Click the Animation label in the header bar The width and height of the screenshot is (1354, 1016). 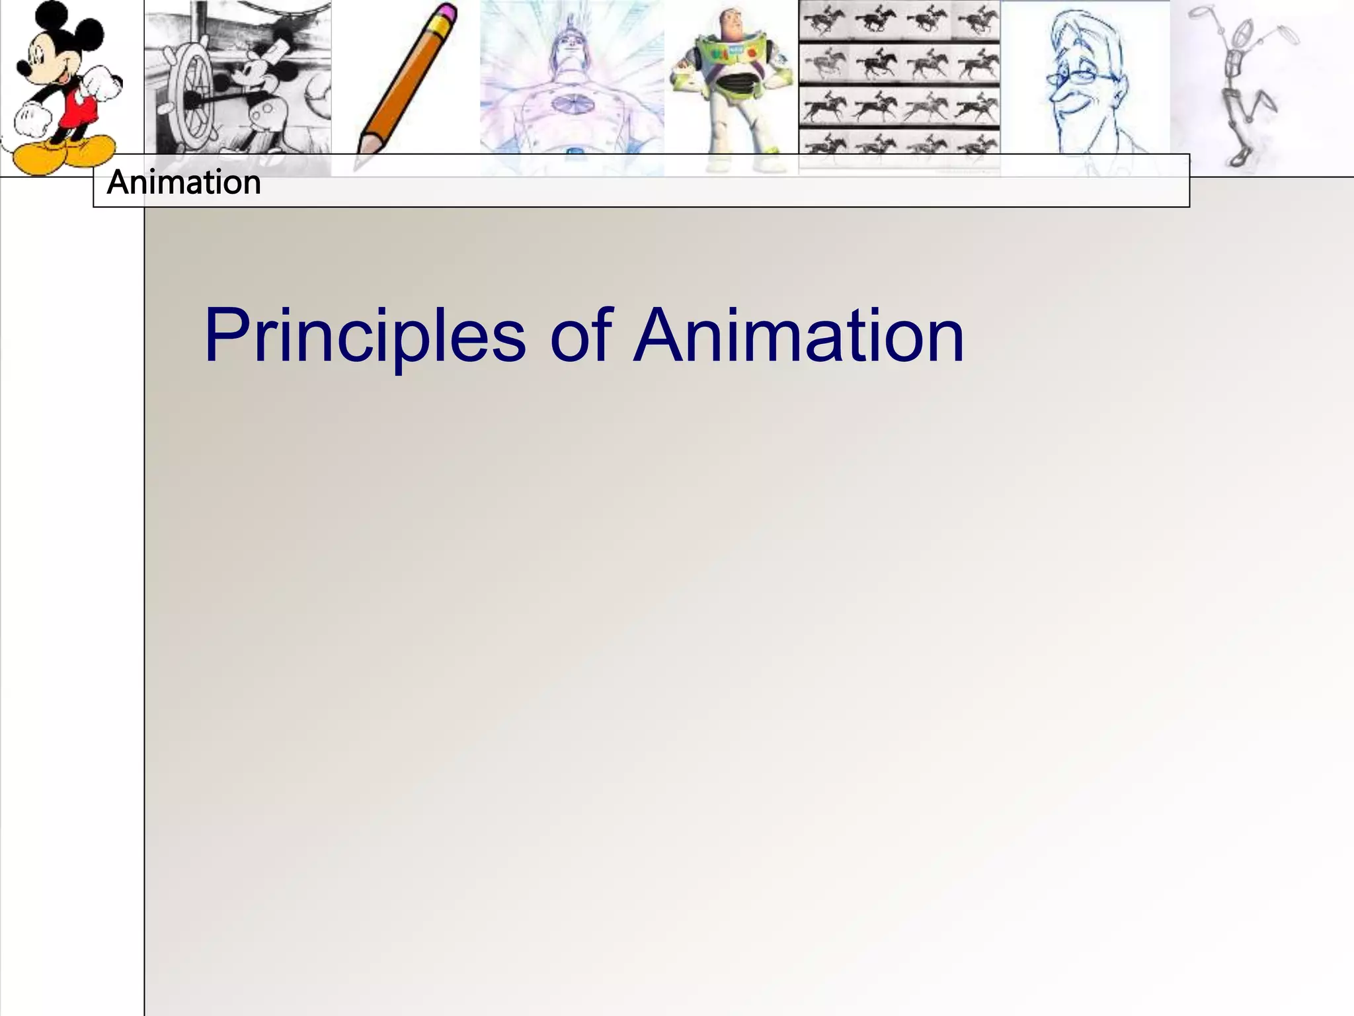pos(184,183)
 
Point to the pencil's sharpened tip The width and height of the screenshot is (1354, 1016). pos(360,163)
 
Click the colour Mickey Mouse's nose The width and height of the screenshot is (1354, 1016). pos(21,68)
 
